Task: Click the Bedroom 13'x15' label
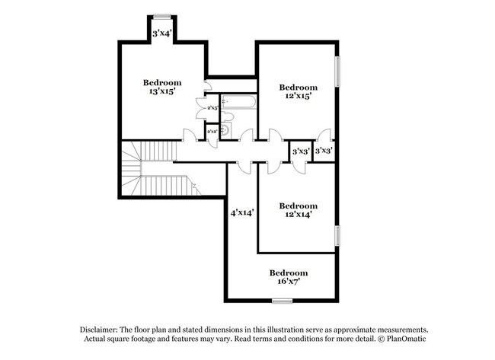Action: click(x=162, y=87)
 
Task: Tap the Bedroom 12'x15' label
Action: click(x=298, y=92)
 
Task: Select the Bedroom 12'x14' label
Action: click(x=298, y=210)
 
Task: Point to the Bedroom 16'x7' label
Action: click(x=289, y=277)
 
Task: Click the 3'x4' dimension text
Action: click(x=161, y=33)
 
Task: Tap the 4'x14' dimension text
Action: click(x=242, y=213)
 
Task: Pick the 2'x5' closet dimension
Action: click(x=212, y=109)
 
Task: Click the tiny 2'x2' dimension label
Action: click(x=212, y=132)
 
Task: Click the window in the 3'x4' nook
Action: click(x=161, y=16)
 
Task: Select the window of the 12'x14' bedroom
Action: click(x=336, y=236)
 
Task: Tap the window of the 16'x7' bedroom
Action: click(x=282, y=301)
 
